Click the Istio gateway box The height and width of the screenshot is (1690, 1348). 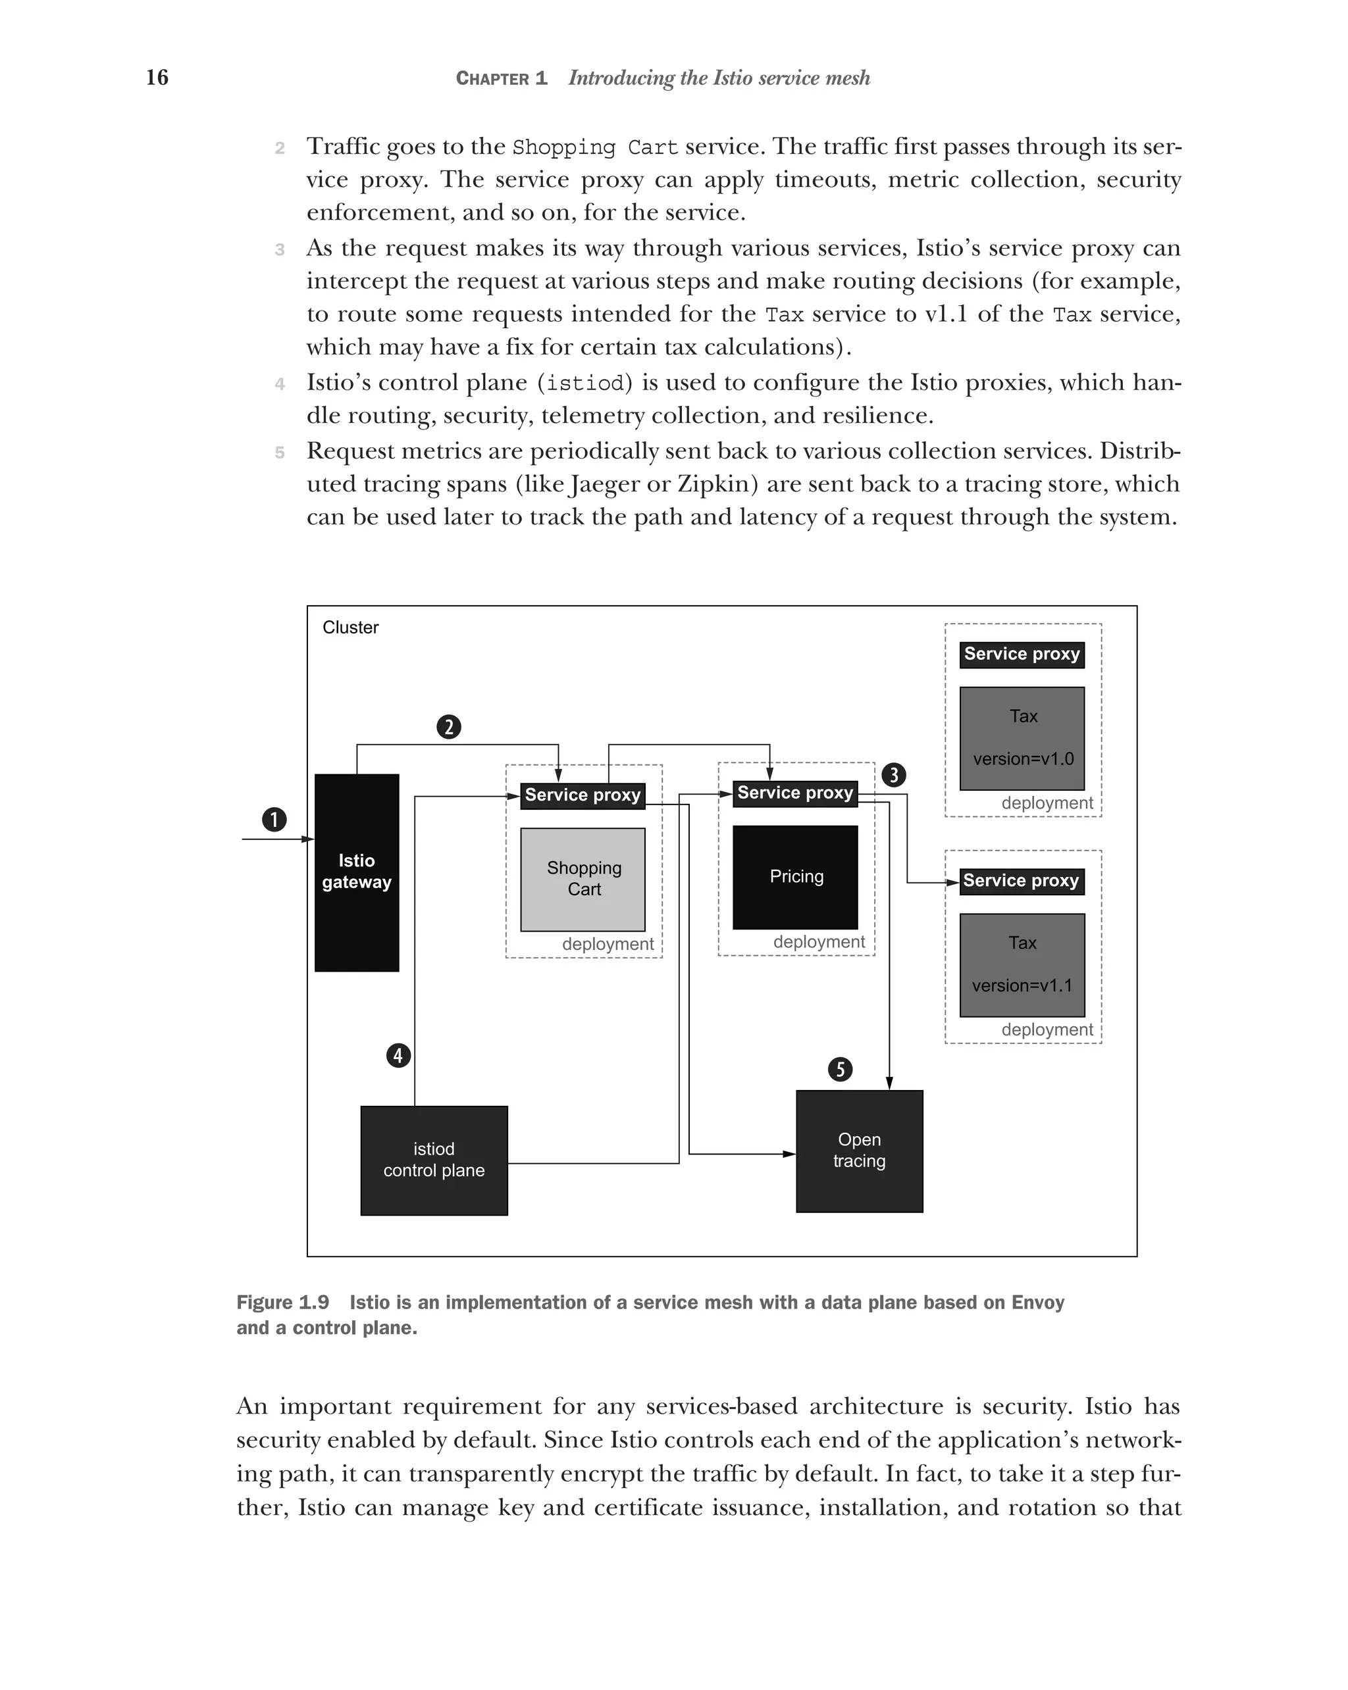point(356,872)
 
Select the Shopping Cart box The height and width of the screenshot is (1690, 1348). point(583,879)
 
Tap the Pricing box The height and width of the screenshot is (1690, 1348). point(795,876)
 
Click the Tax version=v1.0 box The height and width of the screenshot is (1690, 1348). point(1022,737)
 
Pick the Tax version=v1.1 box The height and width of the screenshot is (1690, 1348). point(1022,964)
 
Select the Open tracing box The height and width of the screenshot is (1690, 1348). point(859,1150)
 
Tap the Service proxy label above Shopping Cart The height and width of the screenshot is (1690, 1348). point(583,795)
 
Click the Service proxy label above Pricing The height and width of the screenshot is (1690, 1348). point(795,793)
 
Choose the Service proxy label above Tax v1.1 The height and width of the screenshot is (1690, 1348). point(1021,880)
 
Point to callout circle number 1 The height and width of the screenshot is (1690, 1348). point(274,819)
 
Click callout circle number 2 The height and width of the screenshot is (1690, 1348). point(448,727)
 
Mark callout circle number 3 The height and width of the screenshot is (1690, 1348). point(893,775)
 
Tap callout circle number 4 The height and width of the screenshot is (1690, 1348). point(398,1055)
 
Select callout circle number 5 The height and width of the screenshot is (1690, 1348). point(840,1069)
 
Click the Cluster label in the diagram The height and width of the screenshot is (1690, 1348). point(351,627)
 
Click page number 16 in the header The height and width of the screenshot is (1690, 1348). point(157,77)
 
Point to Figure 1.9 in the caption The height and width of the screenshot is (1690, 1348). point(282,1302)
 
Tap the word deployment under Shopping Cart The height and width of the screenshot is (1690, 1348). point(607,944)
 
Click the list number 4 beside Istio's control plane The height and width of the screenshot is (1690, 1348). point(280,384)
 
